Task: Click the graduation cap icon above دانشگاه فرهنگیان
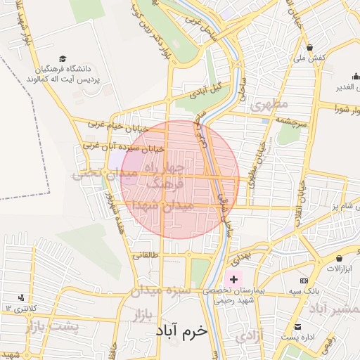[x=63, y=58]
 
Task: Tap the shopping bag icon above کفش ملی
[x=310, y=49]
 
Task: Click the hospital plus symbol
[x=233, y=279]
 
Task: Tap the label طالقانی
[x=147, y=255]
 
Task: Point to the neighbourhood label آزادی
[x=248, y=337]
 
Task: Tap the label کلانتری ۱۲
[x=19, y=309]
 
